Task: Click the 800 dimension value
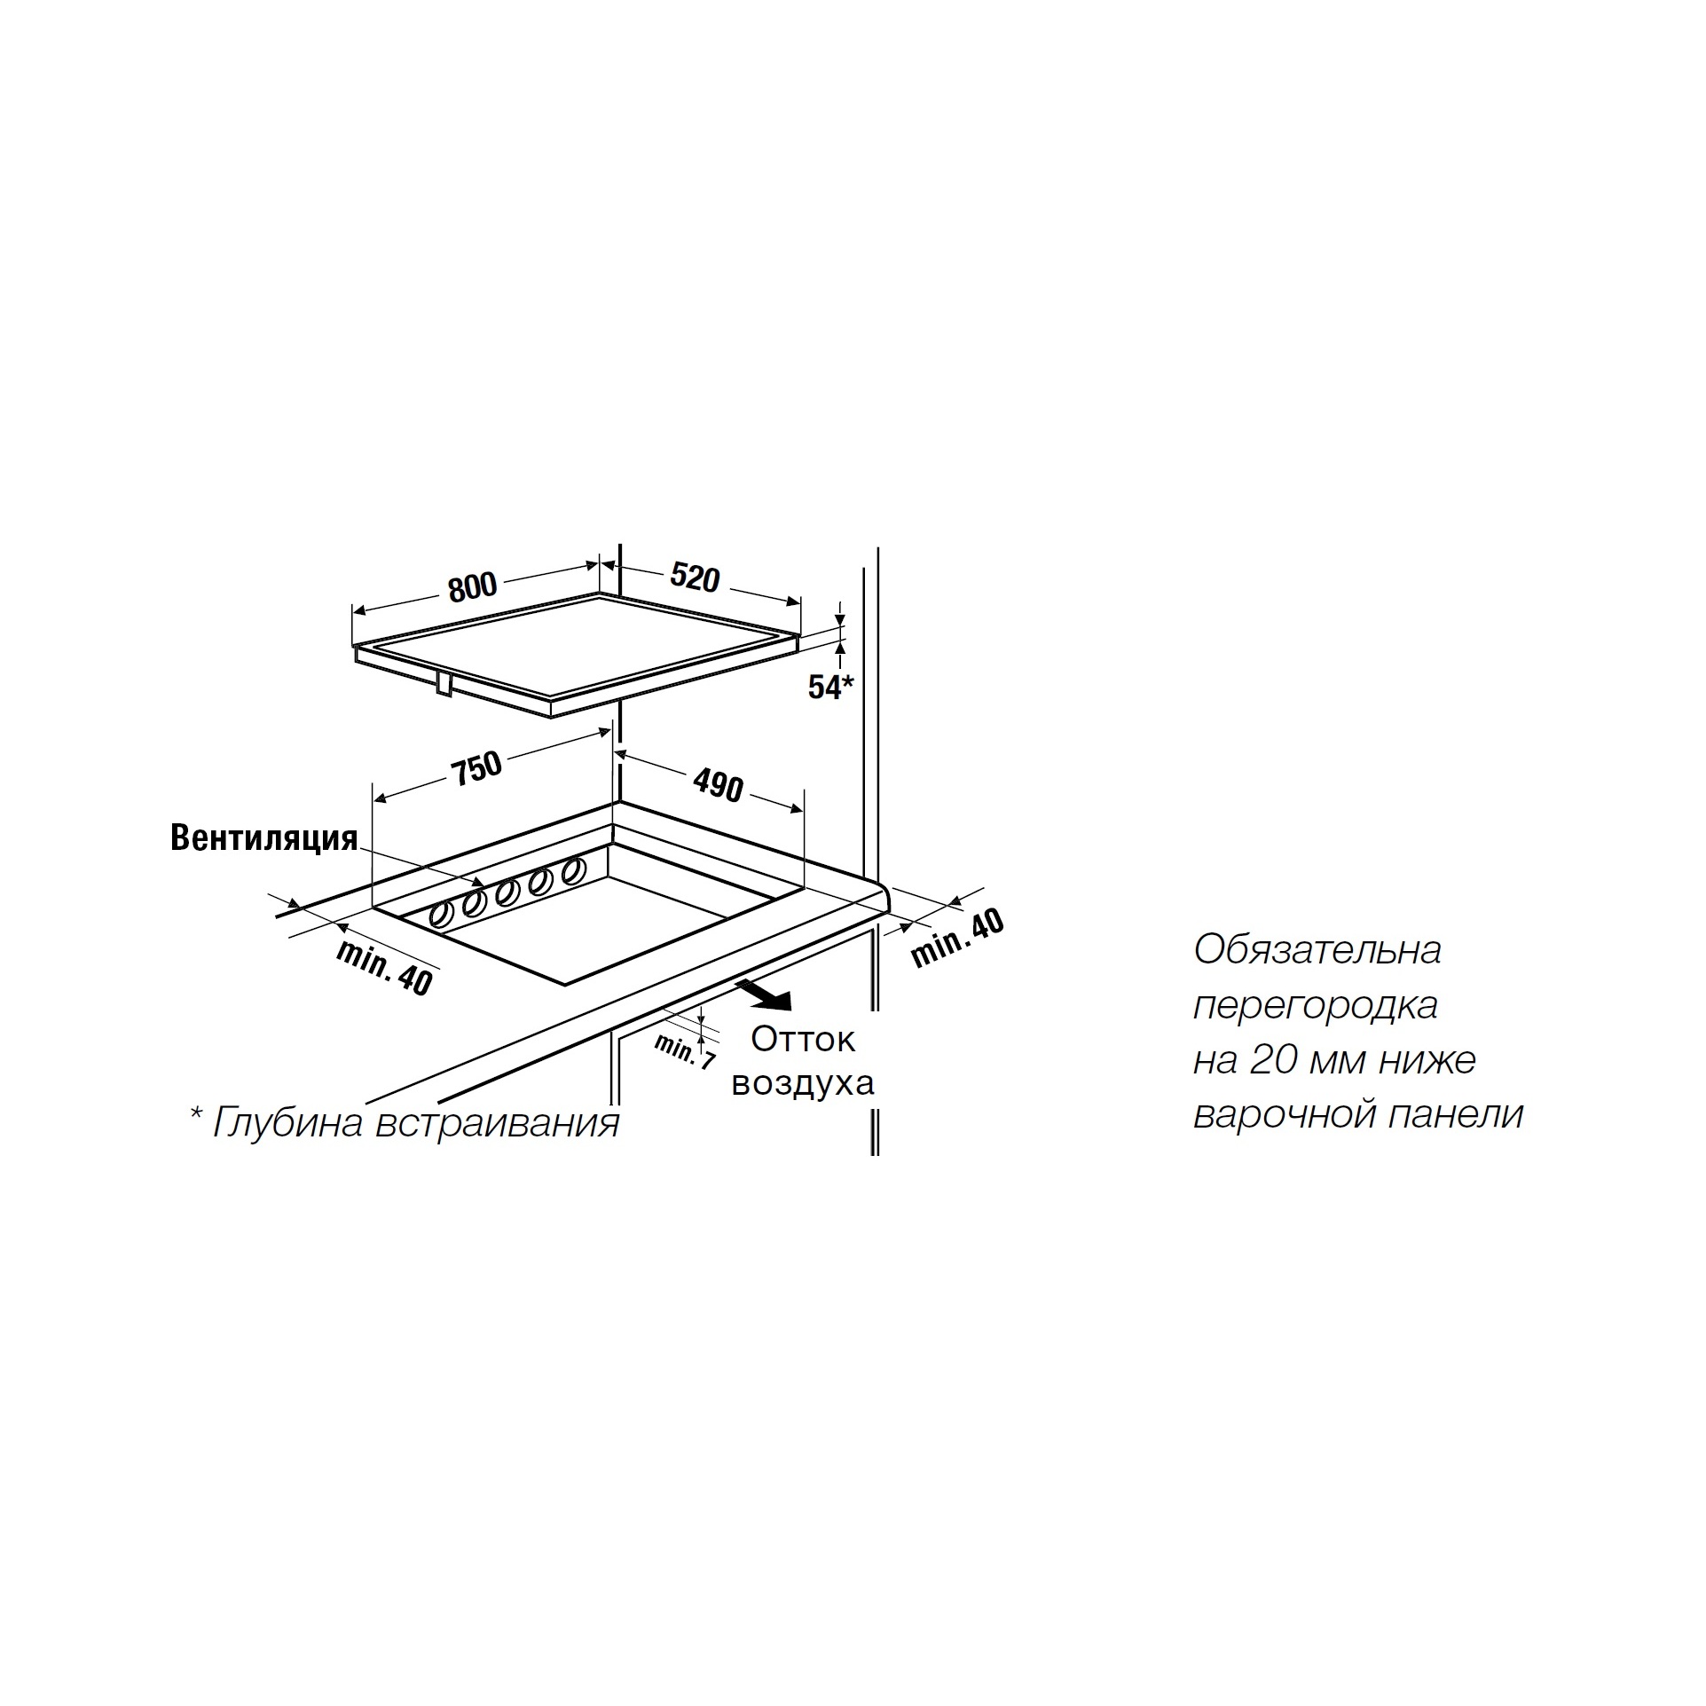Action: tap(473, 586)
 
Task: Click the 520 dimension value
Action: tap(695, 578)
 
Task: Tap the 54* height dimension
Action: tap(830, 687)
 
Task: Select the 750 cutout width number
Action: tap(478, 767)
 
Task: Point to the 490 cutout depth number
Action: tap(718, 785)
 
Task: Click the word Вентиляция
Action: tap(264, 838)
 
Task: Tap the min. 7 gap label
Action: tap(684, 1051)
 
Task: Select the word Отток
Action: tap(803, 1039)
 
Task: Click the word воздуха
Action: tap(803, 1083)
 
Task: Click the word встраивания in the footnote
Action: tap(498, 1124)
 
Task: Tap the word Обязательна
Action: tap(1317, 950)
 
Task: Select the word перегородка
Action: tap(1316, 1006)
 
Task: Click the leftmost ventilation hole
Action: tap(439, 916)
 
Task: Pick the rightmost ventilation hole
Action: tap(573, 869)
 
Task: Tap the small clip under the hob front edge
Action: tap(444, 684)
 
